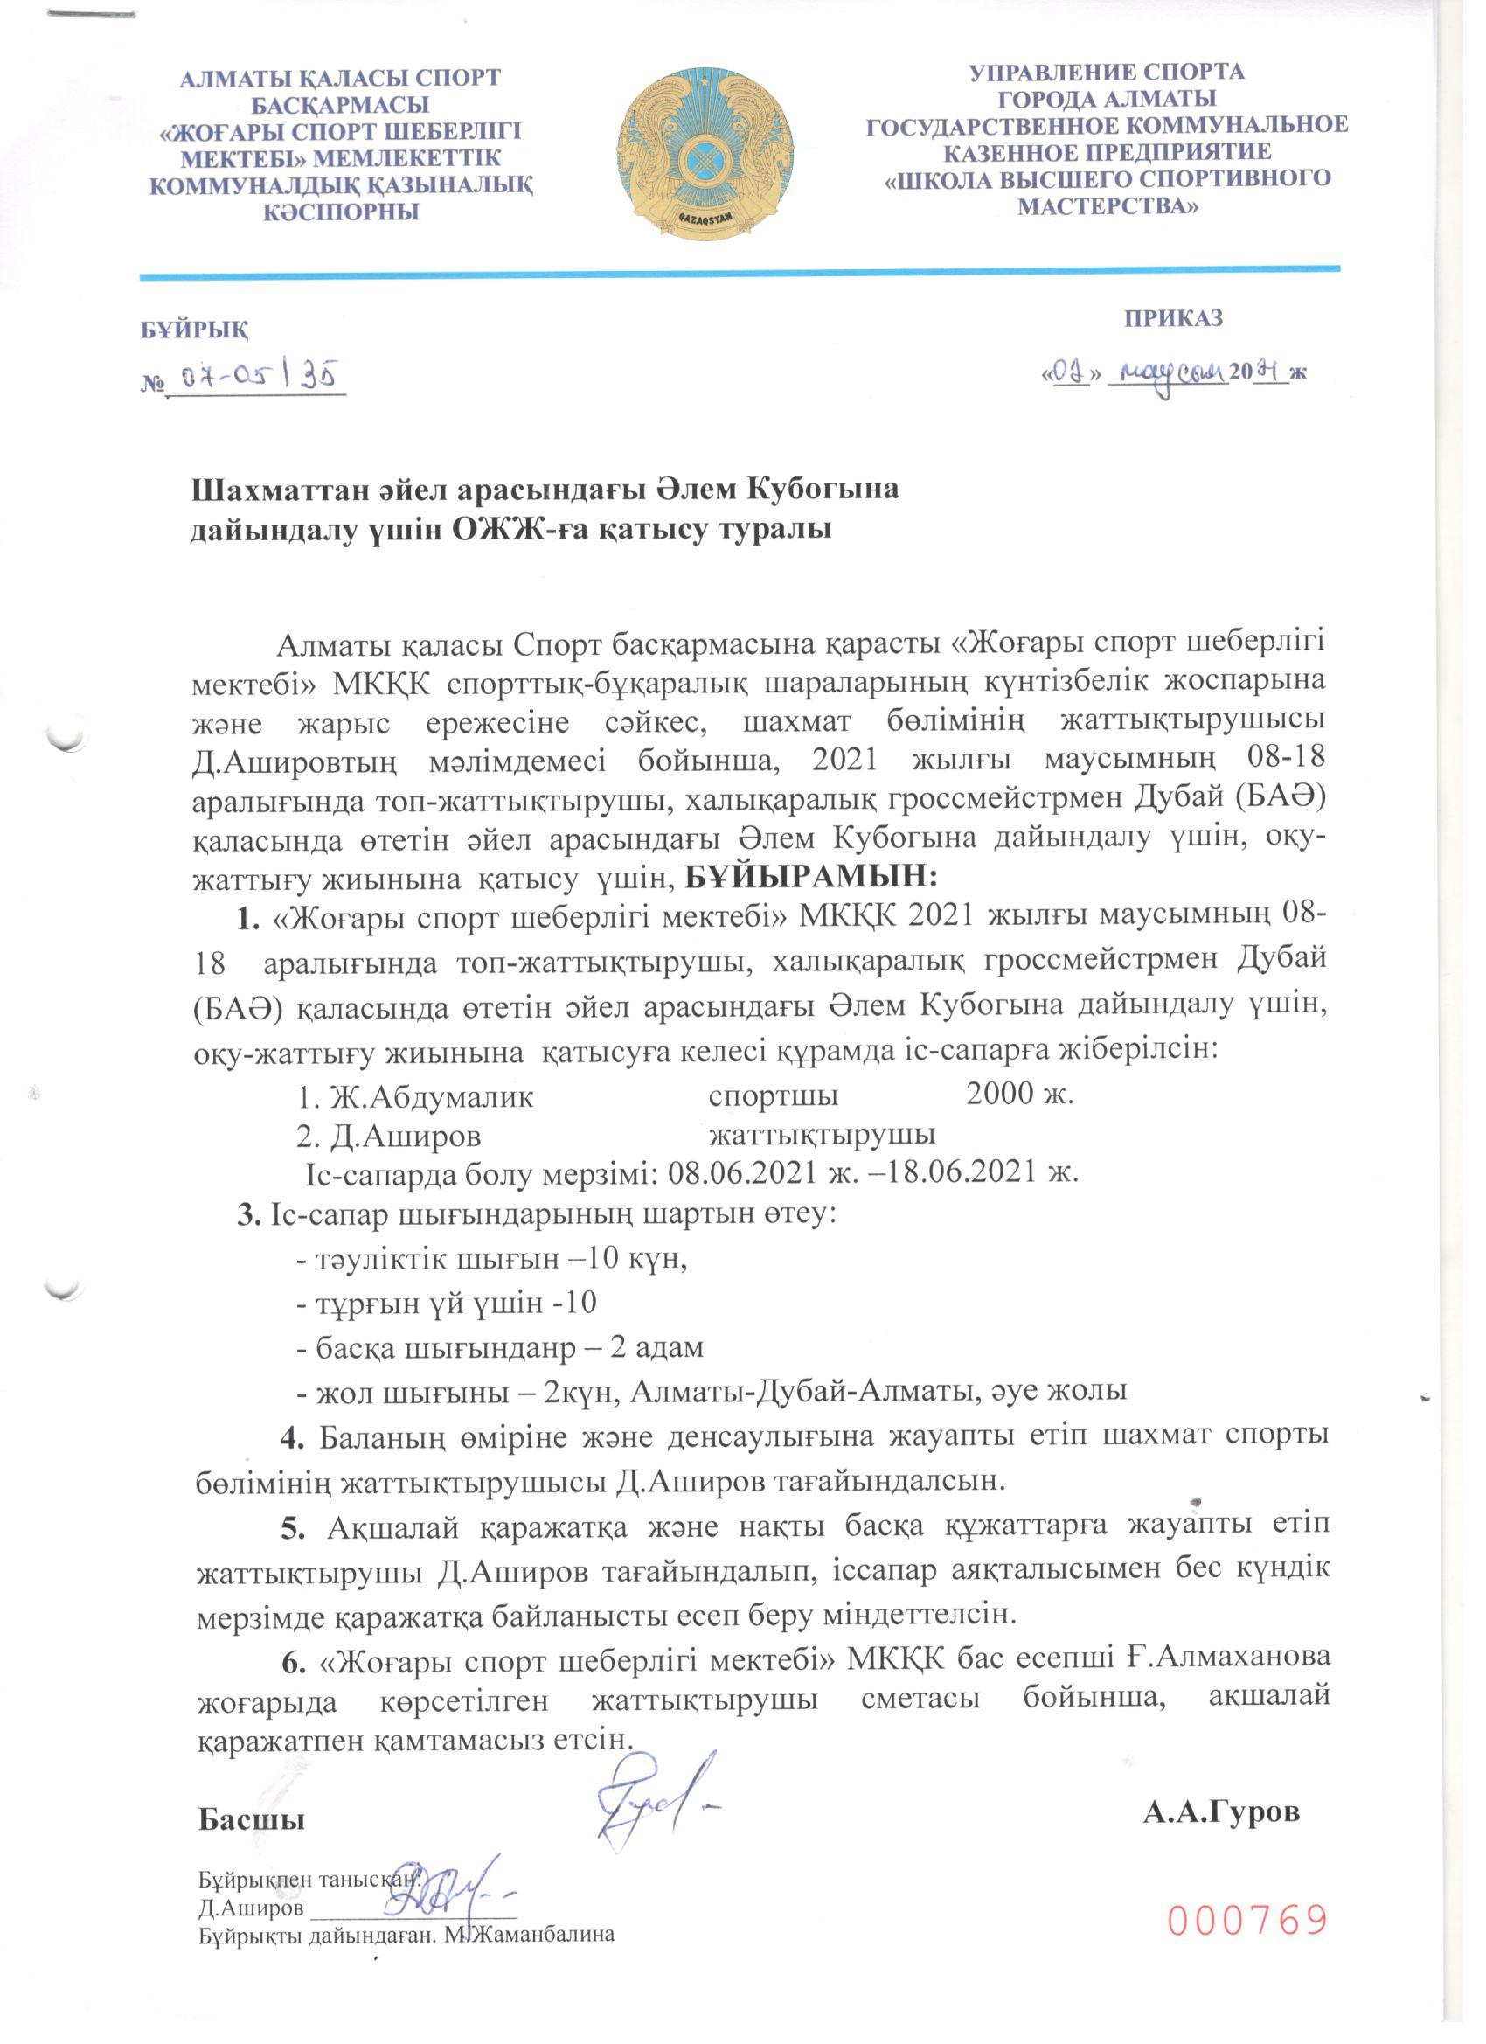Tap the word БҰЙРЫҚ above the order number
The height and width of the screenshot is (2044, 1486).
[x=195, y=329]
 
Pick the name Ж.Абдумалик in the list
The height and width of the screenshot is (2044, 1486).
[x=431, y=1097]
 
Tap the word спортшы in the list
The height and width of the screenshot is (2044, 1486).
[x=774, y=1097]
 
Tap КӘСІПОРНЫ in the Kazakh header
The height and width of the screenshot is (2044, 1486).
[x=341, y=212]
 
